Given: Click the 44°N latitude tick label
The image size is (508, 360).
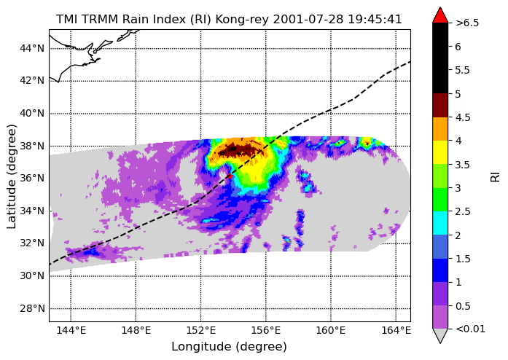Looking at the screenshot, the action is (x=32, y=48).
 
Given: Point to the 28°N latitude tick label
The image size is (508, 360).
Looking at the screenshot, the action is (x=32, y=308).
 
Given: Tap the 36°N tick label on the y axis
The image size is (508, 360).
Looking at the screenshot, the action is (x=32, y=179).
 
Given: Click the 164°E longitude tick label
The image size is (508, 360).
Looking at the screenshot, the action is (x=396, y=331).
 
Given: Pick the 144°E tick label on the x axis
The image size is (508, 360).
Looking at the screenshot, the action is (x=71, y=331).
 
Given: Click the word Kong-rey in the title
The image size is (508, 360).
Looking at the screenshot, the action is (x=242, y=20).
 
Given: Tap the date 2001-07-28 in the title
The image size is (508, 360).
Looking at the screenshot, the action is (x=308, y=20).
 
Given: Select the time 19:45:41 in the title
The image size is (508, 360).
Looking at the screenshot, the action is (x=375, y=20).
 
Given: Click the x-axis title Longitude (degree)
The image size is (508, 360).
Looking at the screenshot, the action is (x=229, y=347).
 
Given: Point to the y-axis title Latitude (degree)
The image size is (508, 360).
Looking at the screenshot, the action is (x=12, y=176).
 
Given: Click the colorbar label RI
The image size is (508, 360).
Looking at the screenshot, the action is (x=496, y=177).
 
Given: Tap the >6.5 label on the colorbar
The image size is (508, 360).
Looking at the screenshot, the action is (x=467, y=23).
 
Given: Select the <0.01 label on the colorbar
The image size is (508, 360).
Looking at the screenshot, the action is (x=470, y=329).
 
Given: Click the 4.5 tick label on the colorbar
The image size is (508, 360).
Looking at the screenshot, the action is (x=463, y=117).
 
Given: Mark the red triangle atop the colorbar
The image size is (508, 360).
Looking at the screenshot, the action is (x=440, y=15).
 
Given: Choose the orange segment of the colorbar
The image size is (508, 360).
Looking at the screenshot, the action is (x=440, y=129).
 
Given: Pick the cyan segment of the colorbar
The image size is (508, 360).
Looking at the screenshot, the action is (x=440, y=223).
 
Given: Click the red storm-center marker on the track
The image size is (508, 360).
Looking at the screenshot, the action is (x=230, y=176).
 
